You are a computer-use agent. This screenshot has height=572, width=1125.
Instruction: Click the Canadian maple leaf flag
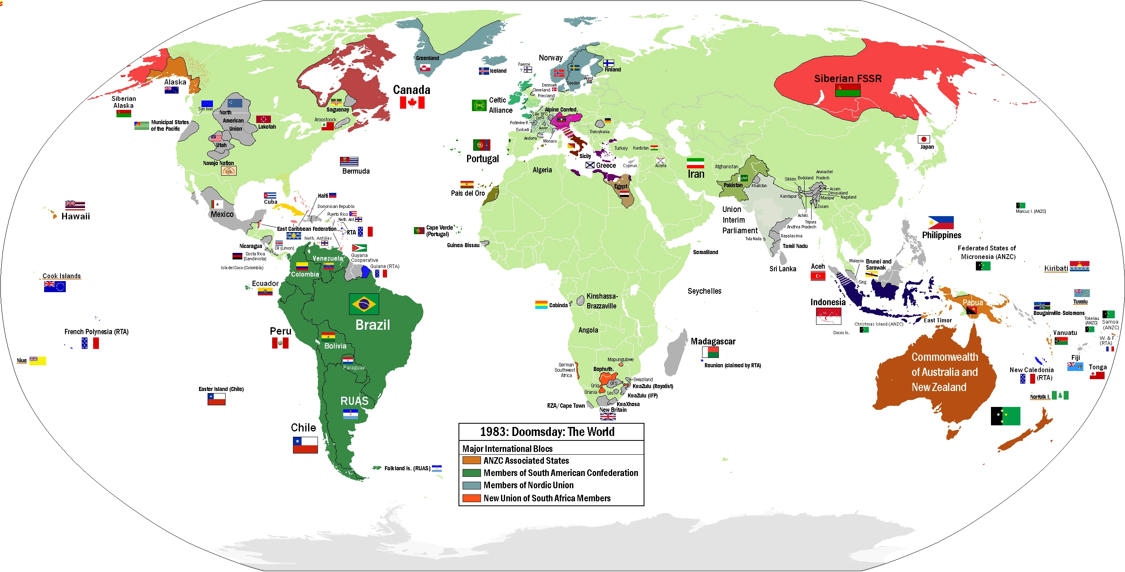coord(412,103)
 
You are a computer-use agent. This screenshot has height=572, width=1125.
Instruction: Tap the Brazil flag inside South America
coord(363,304)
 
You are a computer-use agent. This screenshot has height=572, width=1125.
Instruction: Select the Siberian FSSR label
coord(847,78)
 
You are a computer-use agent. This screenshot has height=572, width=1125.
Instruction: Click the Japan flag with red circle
coord(923,139)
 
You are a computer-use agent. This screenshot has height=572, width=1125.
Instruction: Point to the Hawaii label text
coord(76,216)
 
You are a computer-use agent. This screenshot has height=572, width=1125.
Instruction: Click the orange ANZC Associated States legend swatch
coord(471,460)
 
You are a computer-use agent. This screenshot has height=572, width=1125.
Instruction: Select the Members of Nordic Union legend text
coord(528,485)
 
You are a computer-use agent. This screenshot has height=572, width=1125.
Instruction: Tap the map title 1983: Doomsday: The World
coord(547,432)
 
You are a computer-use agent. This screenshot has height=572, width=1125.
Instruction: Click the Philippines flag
coord(940,223)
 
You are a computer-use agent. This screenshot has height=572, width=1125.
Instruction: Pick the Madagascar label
coord(713,342)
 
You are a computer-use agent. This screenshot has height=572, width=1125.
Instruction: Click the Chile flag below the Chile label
coord(305,445)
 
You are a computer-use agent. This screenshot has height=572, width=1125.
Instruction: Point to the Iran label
coord(696,174)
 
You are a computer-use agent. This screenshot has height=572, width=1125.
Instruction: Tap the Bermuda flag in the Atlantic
coord(349,161)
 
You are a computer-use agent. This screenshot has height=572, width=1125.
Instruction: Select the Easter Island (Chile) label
coord(221,389)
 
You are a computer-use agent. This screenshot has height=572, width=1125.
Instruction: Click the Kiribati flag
coord(1079,266)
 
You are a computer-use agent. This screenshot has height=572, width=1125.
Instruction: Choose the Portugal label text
coord(482,159)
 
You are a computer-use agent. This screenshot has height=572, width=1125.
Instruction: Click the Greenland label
coord(427,58)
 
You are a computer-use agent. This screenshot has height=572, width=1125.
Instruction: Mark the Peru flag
coord(280,343)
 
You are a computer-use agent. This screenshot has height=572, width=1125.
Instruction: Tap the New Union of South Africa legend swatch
coord(471,498)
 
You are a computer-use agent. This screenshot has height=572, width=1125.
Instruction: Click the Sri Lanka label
coord(783,269)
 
